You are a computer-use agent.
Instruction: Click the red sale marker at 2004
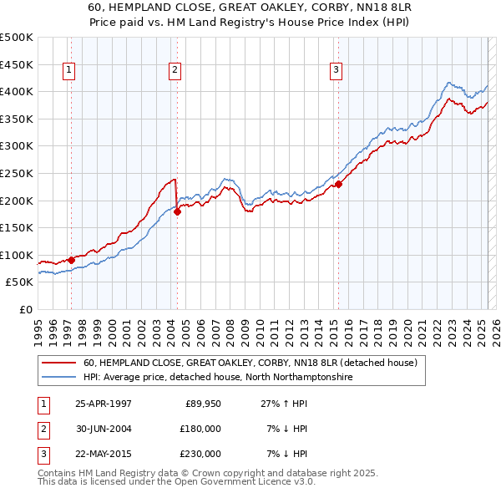coord(178,212)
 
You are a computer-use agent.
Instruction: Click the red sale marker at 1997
coord(72,260)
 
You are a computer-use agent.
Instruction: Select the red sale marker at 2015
coord(339,185)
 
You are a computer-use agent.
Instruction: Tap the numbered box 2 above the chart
coord(175,70)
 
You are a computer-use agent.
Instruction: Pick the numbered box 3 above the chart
coord(335,70)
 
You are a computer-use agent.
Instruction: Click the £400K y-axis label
coord(17,91)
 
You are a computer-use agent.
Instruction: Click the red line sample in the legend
coord(58,363)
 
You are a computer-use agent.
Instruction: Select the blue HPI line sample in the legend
coord(58,377)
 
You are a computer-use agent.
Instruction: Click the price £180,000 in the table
coord(200,429)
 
